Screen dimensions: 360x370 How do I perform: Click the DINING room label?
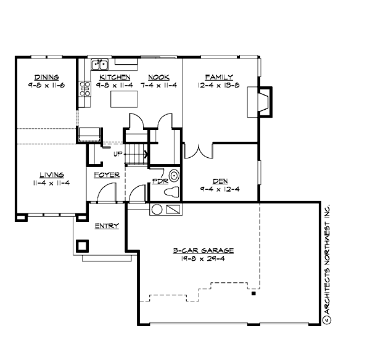click(x=47, y=77)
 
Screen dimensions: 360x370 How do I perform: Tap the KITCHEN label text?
click(x=115, y=77)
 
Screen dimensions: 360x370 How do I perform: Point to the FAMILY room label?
click(x=218, y=77)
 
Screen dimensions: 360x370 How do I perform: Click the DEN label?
click(x=220, y=181)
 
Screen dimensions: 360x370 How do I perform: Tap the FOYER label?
click(x=106, y=175)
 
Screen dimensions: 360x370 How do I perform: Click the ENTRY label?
click(x=106, y=226)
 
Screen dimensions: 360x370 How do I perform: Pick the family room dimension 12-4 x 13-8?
click(x=218, y=85)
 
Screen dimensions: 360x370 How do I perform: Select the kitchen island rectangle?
click(x=122, y=99)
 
